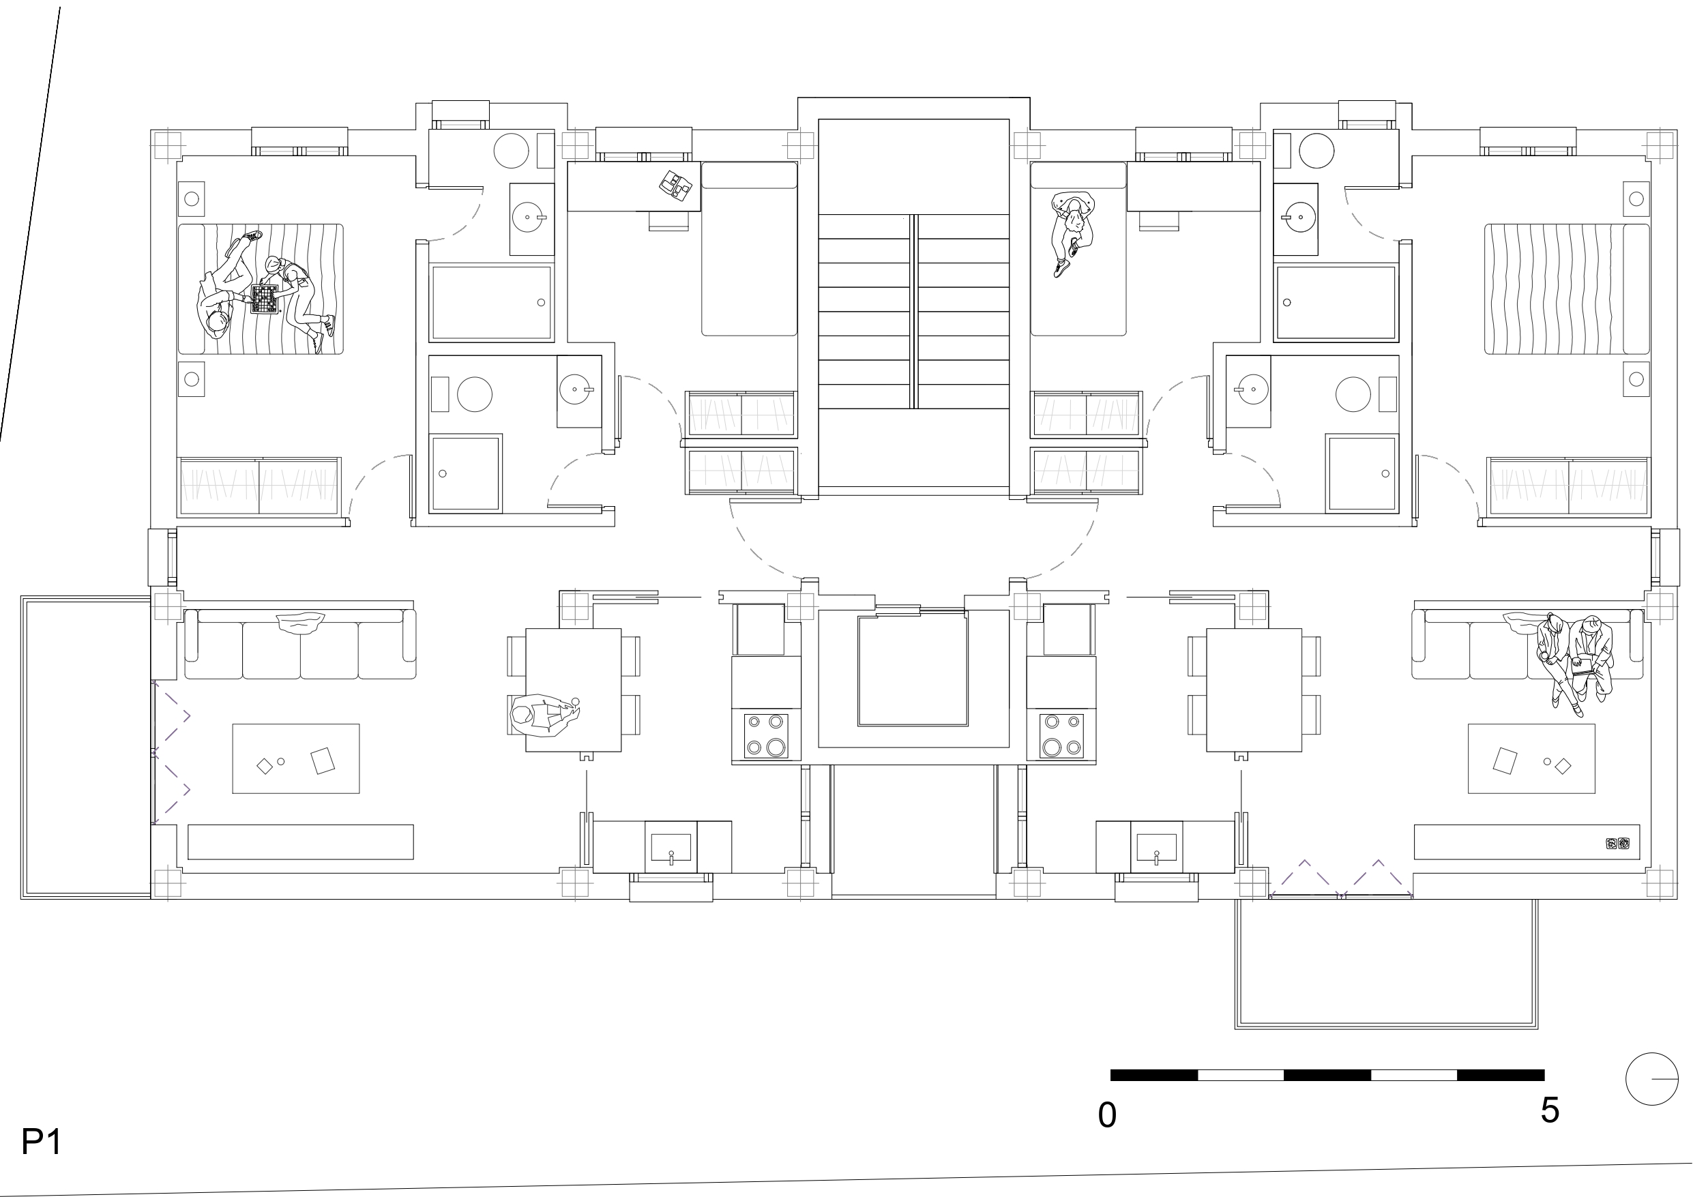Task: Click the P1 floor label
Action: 42,1142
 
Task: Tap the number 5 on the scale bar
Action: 1549,1110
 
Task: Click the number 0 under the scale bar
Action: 1107,1116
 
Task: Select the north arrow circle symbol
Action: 1651,1078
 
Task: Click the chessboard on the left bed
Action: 265,299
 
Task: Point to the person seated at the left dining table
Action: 544,715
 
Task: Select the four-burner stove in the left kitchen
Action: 765,735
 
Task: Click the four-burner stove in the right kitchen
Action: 1062,735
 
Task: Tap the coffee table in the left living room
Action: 295,758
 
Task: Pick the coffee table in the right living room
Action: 1531,758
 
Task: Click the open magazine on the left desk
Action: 675,186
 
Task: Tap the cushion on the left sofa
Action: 300,623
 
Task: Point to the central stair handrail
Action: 913,311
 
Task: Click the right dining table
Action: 1254,690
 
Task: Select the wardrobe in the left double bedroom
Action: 259,487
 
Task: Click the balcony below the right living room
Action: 1386,963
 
